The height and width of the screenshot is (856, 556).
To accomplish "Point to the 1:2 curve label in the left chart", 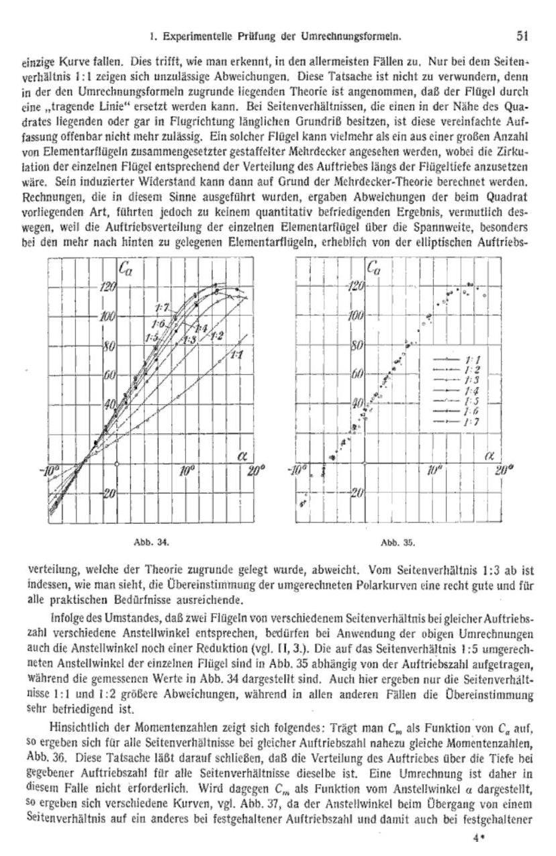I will point(217,335).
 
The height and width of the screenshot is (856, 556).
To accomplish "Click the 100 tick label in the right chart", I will point(356,316).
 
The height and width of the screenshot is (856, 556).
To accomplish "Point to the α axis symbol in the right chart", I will point(488,456).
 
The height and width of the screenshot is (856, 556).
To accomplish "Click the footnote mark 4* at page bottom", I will point(479,838).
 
